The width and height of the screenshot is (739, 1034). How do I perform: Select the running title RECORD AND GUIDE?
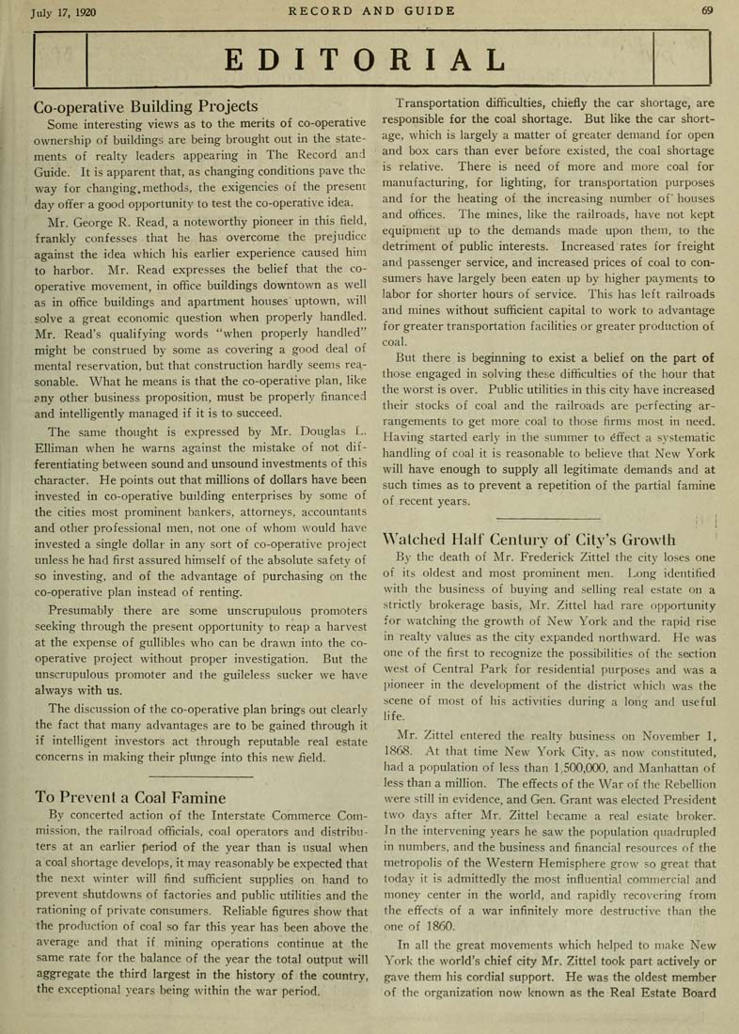pos(371,11)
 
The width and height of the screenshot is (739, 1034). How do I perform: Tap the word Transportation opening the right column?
pos(445,102)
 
